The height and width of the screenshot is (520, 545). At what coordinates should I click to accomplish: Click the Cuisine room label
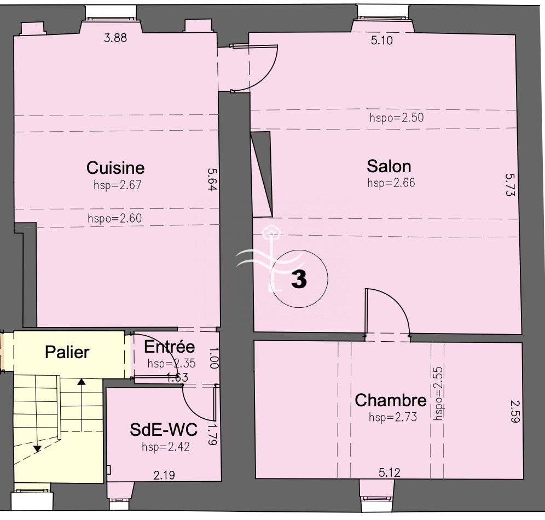pos(115,168)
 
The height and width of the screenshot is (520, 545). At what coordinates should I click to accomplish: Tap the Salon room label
pos(389,166)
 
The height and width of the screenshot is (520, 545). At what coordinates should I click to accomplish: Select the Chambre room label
pos(391,400)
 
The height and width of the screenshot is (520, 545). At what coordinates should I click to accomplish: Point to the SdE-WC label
pos(164,429)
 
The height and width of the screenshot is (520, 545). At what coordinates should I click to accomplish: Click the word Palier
pos(67,352)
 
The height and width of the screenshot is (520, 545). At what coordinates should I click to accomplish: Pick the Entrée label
pos(169,347)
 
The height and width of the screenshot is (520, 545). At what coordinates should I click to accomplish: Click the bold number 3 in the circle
pos(299,279)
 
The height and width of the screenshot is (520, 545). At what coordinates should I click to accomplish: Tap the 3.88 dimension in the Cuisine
pos(115,38)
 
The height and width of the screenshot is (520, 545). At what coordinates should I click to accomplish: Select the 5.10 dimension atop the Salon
pos(381,40)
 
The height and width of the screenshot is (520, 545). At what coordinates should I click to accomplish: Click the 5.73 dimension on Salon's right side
pos(510,185)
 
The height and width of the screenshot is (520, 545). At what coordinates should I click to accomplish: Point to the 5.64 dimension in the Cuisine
pos(212,179)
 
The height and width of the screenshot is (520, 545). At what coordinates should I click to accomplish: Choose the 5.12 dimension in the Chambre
pos(389,472)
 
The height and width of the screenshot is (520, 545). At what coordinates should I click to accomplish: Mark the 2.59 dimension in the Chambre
pos(515,411)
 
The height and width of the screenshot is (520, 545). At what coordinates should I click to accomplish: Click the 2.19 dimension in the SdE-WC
pos(164,475)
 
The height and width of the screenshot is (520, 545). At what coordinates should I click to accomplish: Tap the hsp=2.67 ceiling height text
pos(118,185)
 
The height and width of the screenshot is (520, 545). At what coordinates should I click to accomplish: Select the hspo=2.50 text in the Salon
pos(397,118)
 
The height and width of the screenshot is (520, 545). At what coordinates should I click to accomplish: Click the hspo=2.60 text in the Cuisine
pos(115,218)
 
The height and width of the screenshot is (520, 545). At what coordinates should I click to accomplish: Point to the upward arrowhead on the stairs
pos(82,382)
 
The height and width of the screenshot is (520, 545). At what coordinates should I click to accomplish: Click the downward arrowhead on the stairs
pos(37,449)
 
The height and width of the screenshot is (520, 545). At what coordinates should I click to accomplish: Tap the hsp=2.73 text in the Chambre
pos(393,417)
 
